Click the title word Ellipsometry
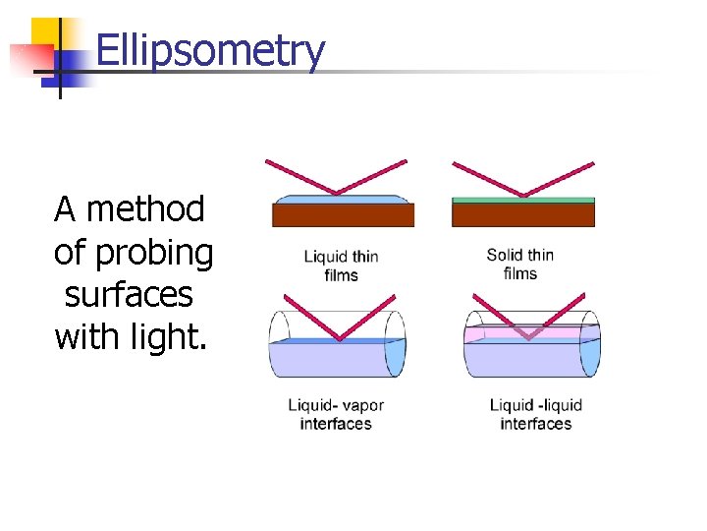(210, 51)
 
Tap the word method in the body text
(144, 209)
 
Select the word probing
(154, 253)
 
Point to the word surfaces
(129, 295)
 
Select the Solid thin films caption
(519, 264)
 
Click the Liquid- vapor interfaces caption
(336, 414)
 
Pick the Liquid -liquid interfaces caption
(535, 414)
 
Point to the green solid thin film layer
(522, 200)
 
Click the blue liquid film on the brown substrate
(343, 199)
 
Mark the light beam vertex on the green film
(522, 196)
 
